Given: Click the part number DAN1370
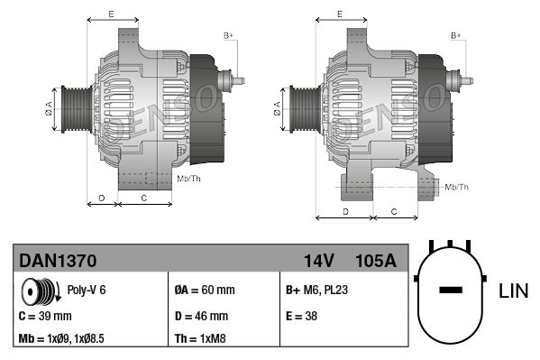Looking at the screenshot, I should (x=57, y=262).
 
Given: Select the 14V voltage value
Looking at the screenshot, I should (x=318, y=262).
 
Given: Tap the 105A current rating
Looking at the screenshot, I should (x=376, y=262).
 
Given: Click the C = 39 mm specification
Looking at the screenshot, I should (x=44, y=317).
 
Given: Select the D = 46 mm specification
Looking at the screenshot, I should (x=201, y=317).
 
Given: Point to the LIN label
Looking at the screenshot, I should (x=513, y=291).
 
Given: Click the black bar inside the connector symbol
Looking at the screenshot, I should (x=450, y=291).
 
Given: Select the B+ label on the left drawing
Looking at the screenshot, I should (x=229, y=35).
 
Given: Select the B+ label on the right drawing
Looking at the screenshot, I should (x=456, y=35).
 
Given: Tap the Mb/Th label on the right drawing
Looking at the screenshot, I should (x=457, y=187).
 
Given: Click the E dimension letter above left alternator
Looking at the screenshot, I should (x=111, y=14).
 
